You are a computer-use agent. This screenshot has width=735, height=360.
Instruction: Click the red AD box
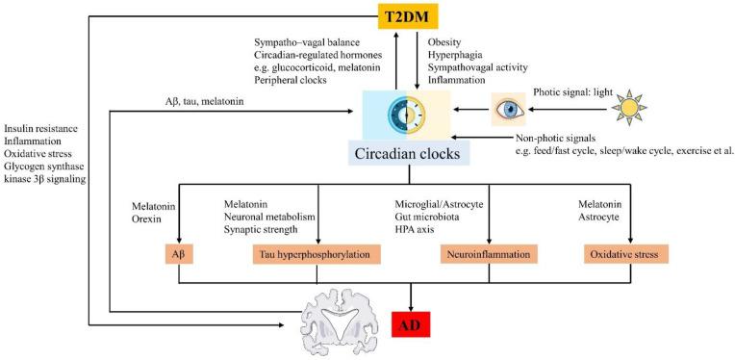(412, 326)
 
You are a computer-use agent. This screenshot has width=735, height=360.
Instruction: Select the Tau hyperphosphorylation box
(317, 255)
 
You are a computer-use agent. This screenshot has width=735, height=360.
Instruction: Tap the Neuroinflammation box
(489, 255)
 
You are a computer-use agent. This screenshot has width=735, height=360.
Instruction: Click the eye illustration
(509, 111)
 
